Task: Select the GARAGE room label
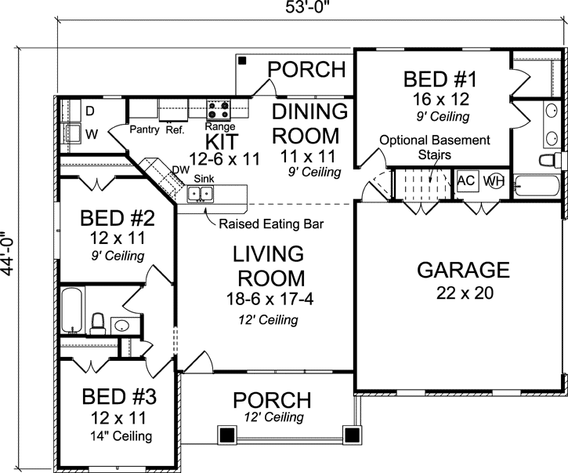click(x=463, y=271)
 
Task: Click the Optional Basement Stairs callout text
click(x=434, y=147)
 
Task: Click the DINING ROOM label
click(x=309, y=122)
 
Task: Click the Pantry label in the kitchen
click(x=145, y=129)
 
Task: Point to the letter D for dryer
click(x=89, y=109)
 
